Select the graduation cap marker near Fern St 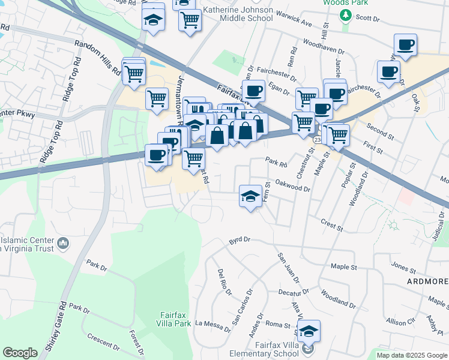[251, 196]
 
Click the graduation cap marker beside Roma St [309, 331]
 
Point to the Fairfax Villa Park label [175, 319]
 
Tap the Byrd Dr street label [238, 241]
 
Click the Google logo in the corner [20, 353]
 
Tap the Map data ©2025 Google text [411, 355]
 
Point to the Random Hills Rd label [97, 58]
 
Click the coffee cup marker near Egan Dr [253, 91]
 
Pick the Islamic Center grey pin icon [62, 244]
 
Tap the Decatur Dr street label [293, 292]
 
